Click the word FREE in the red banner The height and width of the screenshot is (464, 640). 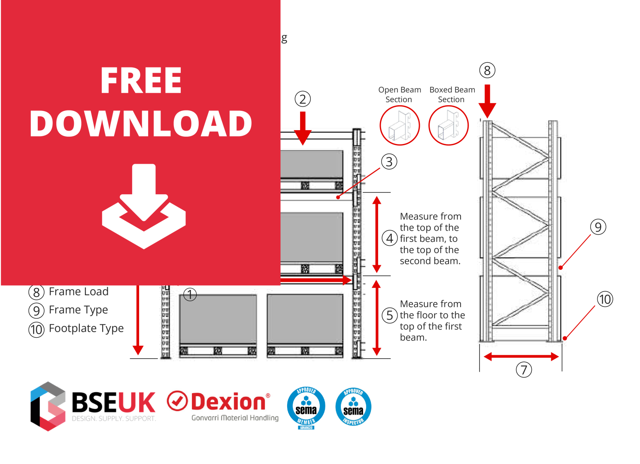coord(141,80)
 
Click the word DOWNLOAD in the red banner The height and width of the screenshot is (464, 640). coord(141,124)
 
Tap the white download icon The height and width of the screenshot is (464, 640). coord(144,206)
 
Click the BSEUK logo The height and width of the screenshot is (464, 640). coord(93,406)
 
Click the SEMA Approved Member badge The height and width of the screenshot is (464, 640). coord(306,407)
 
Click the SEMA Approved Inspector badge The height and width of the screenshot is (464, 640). coord(353,407)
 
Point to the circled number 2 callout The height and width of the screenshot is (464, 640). coord(303,99)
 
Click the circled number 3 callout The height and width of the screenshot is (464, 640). coord(389,162)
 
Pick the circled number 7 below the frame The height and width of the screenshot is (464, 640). coord(524,369)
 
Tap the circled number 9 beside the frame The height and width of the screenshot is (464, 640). coord(598,227)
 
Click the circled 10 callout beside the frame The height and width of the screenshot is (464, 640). coord(605,299)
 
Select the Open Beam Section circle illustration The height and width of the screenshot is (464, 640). coord(400,125)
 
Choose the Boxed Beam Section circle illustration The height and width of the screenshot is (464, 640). coord(449,125)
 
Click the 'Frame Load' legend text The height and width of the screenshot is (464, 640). coord(79,292)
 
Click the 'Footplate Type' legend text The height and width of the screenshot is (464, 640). coord(86,329)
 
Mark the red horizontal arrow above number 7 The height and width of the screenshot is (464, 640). coord(521,357)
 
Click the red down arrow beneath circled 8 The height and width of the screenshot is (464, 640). coord(487,101)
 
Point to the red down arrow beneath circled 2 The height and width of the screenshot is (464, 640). coord(303,128)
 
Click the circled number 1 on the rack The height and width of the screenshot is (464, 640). coord(190,295)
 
